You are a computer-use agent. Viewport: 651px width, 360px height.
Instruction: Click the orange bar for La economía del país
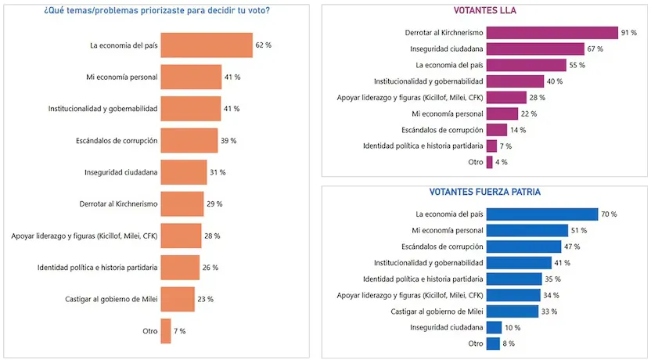coord(206,45)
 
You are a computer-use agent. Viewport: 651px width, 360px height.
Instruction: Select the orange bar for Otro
coord(165,331)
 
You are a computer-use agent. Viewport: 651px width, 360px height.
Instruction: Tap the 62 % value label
coord(263,45)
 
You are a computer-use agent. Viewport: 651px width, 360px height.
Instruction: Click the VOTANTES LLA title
coord(485,11)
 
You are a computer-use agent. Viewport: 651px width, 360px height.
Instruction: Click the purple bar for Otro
coord(489,162)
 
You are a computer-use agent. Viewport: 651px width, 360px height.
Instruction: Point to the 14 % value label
coord(518,130)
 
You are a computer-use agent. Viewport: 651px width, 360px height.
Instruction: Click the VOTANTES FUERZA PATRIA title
coord(485,192)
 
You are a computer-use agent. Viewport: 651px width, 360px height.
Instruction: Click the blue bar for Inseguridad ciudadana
coord(494,327)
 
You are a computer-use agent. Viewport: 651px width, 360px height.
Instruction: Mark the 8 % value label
coord(509,344)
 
